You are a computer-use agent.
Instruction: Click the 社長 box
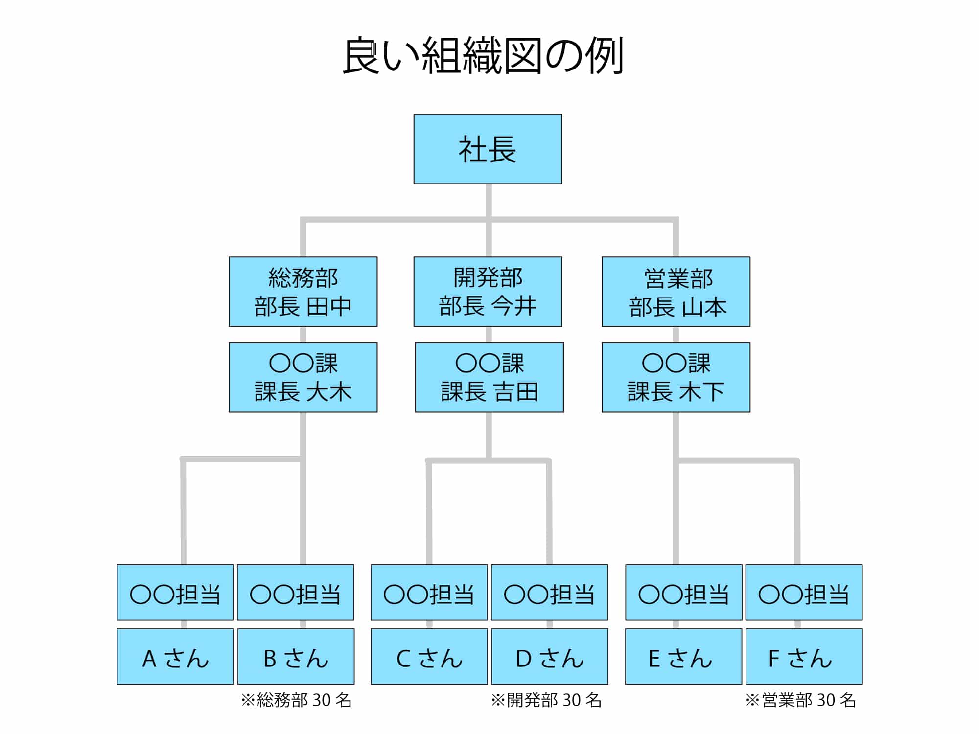(x=488, y=149)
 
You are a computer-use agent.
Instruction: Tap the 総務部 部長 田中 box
(x=303, y=292)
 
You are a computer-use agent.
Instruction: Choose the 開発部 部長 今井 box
(x=488, y=292)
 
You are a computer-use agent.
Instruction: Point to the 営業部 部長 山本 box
(x=676, y=292)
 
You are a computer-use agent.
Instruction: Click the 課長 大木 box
(x=303, y=377)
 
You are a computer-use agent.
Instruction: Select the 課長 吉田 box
(x=489, y=377)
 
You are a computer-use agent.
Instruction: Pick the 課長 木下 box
(x=676, y=377)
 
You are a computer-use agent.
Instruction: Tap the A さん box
(x=175, y=656)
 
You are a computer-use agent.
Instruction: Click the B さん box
(x=296, y=656)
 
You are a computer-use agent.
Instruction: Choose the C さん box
(x=429, y=656)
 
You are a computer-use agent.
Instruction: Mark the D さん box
(x=549, y=656)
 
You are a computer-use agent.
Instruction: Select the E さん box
(x=683, y=656)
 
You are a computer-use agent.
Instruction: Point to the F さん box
(x=804, y=656)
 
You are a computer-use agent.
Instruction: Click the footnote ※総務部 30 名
(x=296, y=700)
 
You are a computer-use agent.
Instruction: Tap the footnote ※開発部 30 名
(x=546, y=700)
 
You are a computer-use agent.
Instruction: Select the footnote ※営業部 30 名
(x=800, y=700)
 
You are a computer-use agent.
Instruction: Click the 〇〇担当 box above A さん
(x=175, y=593)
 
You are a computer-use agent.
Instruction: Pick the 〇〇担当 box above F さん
(x=804, y=593)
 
